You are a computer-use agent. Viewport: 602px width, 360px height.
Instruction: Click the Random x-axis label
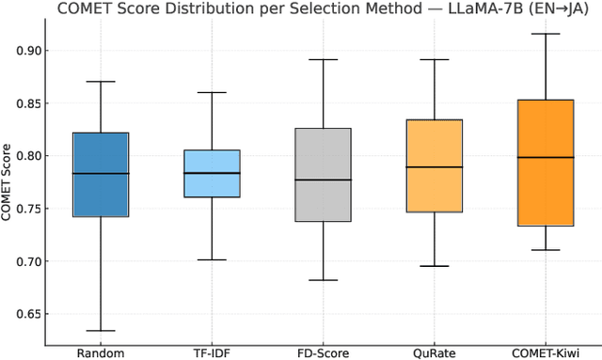click(x=101, y=352)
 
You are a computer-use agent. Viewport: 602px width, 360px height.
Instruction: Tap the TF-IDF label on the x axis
click(x=212, y=352)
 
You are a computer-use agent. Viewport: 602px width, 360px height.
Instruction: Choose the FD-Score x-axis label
click(x=323, y=352)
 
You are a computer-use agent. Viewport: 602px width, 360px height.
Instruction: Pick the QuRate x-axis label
click(x=434, y=352)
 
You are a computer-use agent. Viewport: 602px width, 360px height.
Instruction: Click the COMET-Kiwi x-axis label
click(x=546, y=352)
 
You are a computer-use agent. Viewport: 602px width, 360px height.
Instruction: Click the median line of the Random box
click(x=101, y=173)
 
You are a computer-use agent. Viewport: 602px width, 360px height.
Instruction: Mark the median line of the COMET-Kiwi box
click(x=546, y=157)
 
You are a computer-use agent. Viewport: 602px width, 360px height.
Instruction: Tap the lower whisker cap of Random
click(x=101, y=331)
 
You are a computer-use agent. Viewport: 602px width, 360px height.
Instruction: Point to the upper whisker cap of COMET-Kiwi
click(x=546, y=34)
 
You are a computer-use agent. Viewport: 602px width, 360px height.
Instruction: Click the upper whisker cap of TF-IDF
click(x=212, y=92)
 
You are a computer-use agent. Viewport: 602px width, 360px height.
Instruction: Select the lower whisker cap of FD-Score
click(x=323, y=280)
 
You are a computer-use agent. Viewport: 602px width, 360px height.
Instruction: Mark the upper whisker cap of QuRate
click(x=434, y=59)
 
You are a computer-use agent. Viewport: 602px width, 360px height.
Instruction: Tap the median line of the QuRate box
click(x=434, y=167)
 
